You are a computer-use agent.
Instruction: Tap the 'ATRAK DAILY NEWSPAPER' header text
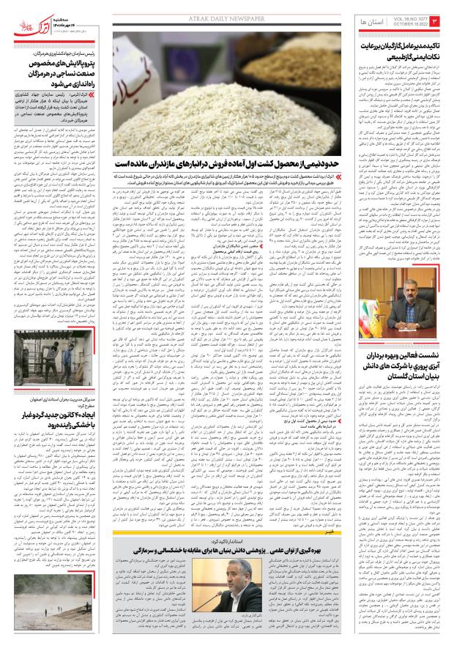pos(226,10)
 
